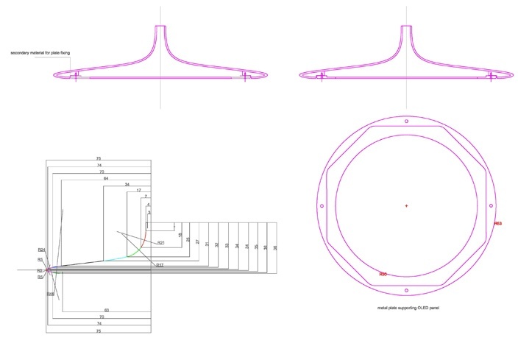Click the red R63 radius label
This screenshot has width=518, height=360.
pos(498,224)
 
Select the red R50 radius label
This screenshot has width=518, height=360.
pos(383,274)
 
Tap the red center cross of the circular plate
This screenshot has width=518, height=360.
pos(406,205)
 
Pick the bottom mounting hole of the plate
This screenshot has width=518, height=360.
pos(406,291)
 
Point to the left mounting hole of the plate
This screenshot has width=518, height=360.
pos(322,205)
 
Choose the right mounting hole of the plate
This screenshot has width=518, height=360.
pos(492,205)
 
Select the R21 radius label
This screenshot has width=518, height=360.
pos(161,243)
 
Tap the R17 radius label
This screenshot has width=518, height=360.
pos(160,264)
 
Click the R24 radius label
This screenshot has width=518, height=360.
pos(41,251)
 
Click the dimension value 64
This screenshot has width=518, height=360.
pos(106,179)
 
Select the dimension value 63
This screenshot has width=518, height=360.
pos(107,311)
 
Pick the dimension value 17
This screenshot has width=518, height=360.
pos(138,191)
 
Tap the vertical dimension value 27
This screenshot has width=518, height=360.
pos(198,241)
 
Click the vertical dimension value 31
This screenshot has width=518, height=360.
pos(207,244)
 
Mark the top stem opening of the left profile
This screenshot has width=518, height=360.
pos(160,27)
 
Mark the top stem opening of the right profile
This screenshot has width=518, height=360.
pos(406,27)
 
